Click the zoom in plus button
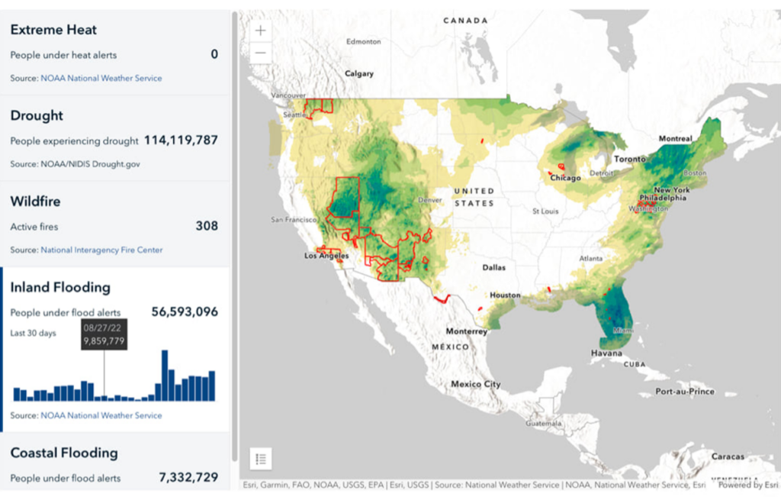[x=261, y=31]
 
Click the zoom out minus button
[x=261, y=53]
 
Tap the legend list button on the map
[x=261, y=459]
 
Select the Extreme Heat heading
[x=53, y=30]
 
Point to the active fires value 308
[x=206, y=226]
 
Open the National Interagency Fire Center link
[x=101, y=250]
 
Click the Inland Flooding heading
[x=60, y=287]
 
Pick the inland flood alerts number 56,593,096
[x=185, y=311]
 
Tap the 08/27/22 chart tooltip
[x=104, y=334]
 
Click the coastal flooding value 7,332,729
[x=188, y=477]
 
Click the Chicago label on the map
[x=567, y=178]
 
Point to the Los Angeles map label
[x=326, y=256]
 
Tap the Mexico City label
[x=475, y=384]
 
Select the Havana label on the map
[x=606, y=353]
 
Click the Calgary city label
[x=359, y=74]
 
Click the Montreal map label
[x=675, y=139]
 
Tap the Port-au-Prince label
[x=685, y=392]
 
